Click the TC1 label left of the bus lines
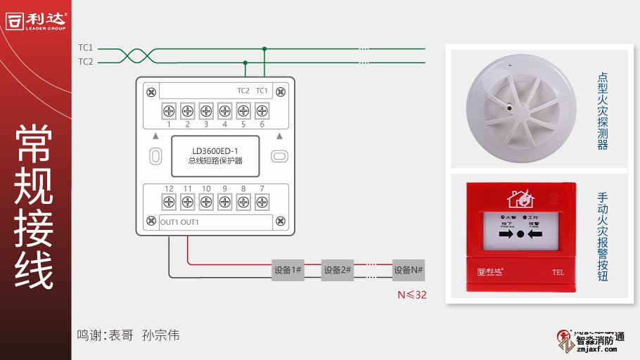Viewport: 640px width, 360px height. click(x=85, y=48)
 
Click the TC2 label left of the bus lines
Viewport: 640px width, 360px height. click(x=85, y=62)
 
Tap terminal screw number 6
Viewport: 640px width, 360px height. click(x=262, y=110)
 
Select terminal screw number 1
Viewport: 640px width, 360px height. click(x=169, y=110)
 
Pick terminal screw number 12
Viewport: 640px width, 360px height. click(x=169, y=202)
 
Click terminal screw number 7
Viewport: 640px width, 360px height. click(x=262, y=202)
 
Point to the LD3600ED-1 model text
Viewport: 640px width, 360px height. click(x=216, y=150)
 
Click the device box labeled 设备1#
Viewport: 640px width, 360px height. click(x=288, y=270)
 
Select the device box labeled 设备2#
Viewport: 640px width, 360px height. click(x=337, y=270)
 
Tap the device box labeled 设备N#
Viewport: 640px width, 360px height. click(x=409, y=270)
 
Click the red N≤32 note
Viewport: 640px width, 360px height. click(x=411, y=295)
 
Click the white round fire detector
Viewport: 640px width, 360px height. click(x=517, y=108)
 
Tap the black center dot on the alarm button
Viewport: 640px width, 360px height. click(x=520, y=233)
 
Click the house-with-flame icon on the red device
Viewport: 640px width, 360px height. click(x=520, y=198)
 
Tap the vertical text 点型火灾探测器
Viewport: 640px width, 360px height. click(x=602, y=111)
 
